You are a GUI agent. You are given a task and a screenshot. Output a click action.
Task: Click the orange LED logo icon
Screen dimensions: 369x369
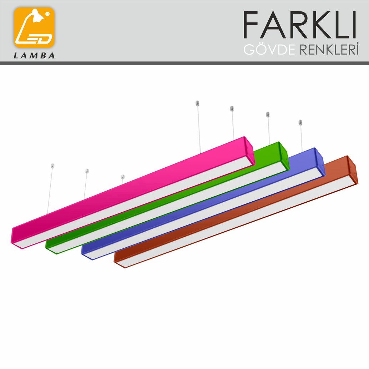(34, 27)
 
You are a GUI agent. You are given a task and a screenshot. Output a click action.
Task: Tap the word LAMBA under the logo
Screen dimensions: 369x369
(34, 56)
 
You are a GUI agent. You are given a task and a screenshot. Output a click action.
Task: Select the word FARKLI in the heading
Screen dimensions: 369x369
(299, 25)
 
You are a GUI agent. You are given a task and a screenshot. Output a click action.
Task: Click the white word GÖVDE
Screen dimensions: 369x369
(269, 49)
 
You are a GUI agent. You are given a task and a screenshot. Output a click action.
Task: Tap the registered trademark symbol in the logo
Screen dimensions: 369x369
(47, 14)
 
